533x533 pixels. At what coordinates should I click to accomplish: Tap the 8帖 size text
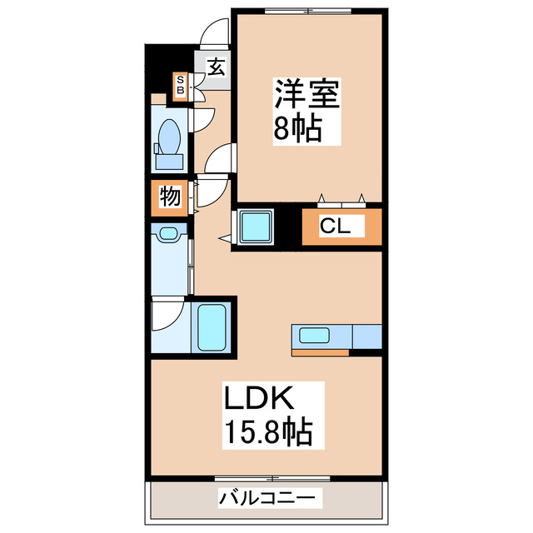pos(297,129)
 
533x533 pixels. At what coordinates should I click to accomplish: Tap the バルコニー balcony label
pos(266,499)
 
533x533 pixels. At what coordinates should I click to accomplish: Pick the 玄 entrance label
pos(215,66)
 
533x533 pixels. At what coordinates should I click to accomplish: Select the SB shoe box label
pos(179,85)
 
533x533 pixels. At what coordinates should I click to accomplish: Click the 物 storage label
pos(170,197)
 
